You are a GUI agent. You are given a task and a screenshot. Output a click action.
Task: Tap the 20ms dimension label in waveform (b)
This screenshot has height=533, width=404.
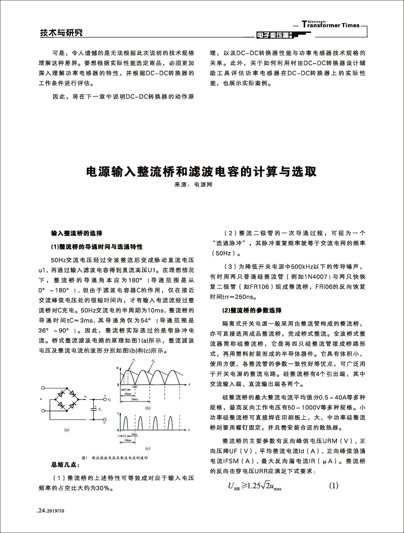(x=134, y=399)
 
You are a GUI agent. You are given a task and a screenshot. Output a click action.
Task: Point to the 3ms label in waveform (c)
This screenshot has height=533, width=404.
(x=134, y=434)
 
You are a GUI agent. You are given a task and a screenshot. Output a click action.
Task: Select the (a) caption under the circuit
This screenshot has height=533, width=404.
(x=66, y=430)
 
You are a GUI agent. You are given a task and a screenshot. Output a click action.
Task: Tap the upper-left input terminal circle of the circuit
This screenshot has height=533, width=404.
(x=43, y=388)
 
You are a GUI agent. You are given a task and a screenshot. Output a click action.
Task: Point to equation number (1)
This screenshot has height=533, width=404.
(x=333, y=486)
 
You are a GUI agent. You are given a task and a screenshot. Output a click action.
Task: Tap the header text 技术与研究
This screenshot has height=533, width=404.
(x=61, y=33)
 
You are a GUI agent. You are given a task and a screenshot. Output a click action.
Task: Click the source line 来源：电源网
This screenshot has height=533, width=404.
(x=193, y=184)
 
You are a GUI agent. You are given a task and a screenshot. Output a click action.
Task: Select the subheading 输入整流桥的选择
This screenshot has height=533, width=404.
(x=77, y=233)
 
